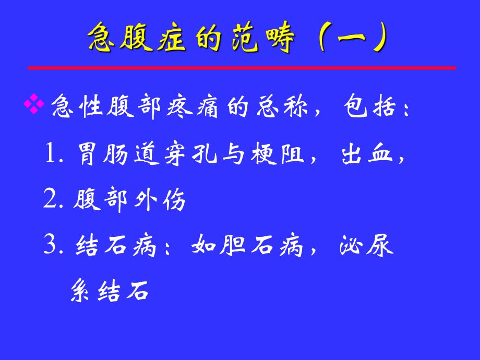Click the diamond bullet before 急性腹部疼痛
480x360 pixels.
coord(35,106)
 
